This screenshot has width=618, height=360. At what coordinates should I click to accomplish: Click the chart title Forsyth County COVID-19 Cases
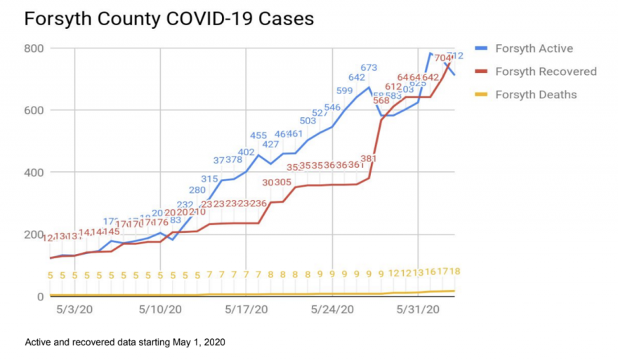pos(169,19)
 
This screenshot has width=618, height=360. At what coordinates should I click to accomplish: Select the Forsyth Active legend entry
pos(533,48)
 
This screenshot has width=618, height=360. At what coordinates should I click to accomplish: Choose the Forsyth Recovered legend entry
pos(545,72)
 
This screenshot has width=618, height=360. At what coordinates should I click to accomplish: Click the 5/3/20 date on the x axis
pos(75,309)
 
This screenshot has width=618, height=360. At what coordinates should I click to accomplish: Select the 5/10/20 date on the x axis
pos(161,309)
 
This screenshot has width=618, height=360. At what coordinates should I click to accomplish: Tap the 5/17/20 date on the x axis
pos(246,309)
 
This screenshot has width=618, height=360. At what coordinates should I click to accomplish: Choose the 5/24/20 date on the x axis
pos(333,309)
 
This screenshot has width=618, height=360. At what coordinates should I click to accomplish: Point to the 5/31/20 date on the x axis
pos(419,309)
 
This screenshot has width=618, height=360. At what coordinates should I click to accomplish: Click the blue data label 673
pos(369,68)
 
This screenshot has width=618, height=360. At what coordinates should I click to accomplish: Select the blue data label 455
pos(258,135)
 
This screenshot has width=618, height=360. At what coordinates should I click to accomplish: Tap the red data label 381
pos(369,159)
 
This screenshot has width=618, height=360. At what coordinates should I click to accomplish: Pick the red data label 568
pos(381,100)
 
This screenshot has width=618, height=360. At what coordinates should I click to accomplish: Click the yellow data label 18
pos(454,272)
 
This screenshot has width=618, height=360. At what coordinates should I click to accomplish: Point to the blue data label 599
pos(344,91)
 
